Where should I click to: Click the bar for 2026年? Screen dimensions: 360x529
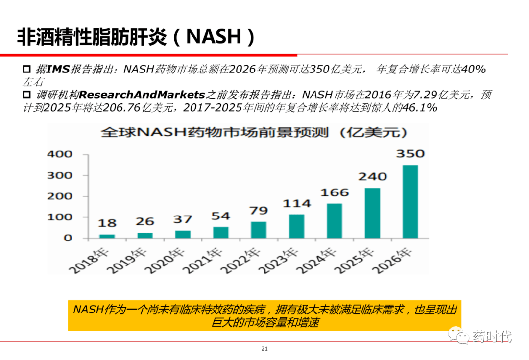click(410, 201)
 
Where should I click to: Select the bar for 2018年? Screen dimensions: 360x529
click(107, 236)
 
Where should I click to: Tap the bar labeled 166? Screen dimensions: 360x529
click(334, 220)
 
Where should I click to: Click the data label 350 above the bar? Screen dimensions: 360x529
click(410, 154)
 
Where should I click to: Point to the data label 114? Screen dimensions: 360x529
click(296, 203)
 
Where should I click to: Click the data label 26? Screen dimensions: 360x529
click(145, 221)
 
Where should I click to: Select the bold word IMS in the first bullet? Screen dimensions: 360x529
click(57, 69)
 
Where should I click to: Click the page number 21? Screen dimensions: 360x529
click(264, 349)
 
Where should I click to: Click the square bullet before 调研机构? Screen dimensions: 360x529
click(27, 94)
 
